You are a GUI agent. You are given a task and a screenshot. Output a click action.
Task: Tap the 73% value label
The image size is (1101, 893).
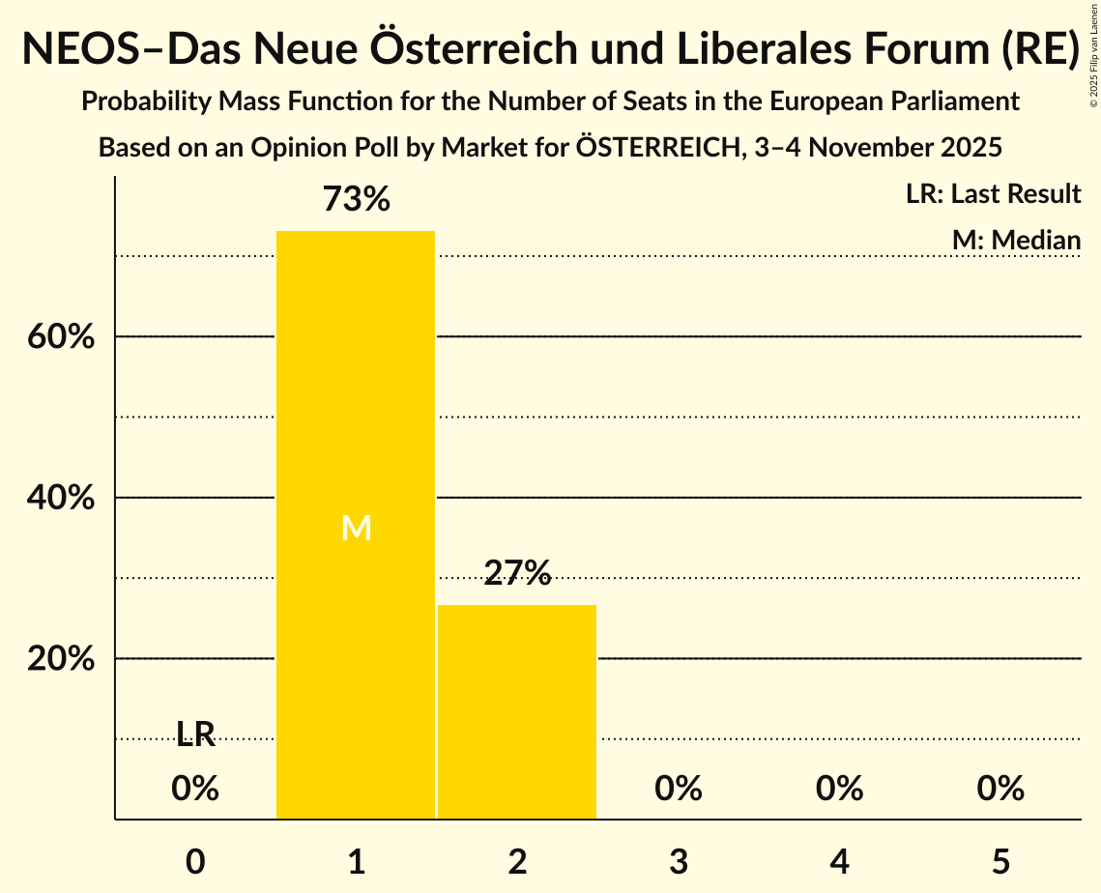click(356, 200)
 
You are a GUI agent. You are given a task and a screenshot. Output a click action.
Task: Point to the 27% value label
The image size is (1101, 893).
click(517, 574)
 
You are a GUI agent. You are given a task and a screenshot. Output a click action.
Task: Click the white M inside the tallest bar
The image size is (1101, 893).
click(356, 528)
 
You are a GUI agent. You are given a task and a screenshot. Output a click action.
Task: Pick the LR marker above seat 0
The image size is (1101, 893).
click(195, 735)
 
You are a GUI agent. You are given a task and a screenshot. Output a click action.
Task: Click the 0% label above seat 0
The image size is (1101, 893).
click(195, 789)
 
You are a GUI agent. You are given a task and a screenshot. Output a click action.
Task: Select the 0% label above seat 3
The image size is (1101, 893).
click(679, 789)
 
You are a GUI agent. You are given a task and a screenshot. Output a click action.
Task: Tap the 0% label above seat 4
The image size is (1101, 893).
click(839, 789)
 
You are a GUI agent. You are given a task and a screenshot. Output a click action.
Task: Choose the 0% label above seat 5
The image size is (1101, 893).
click(1000, 789)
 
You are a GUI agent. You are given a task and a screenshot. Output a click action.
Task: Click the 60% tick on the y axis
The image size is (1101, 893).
click(60, 337)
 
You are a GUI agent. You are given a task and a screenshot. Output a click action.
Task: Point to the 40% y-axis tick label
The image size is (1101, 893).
click(60, 499)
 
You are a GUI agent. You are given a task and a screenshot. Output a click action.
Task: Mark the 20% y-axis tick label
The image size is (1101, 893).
click(60, 659)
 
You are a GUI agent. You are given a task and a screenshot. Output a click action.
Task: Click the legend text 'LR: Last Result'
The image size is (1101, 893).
click(993, 194)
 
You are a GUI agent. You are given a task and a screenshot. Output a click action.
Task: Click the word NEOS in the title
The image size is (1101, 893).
click(80, 49)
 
